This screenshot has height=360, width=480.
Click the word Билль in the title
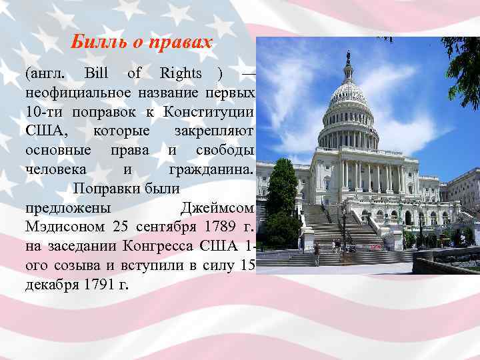94,43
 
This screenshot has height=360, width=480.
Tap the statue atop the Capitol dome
348,59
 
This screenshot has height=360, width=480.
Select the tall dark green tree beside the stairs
282,197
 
